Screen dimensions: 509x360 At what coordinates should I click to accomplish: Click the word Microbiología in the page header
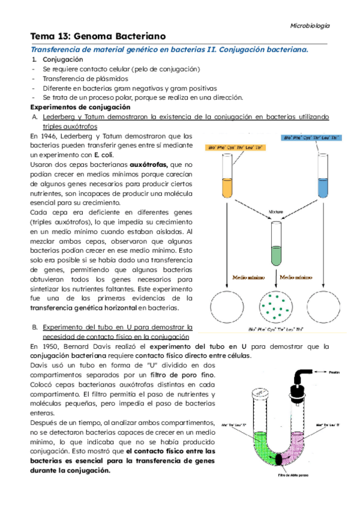point(310,26)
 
